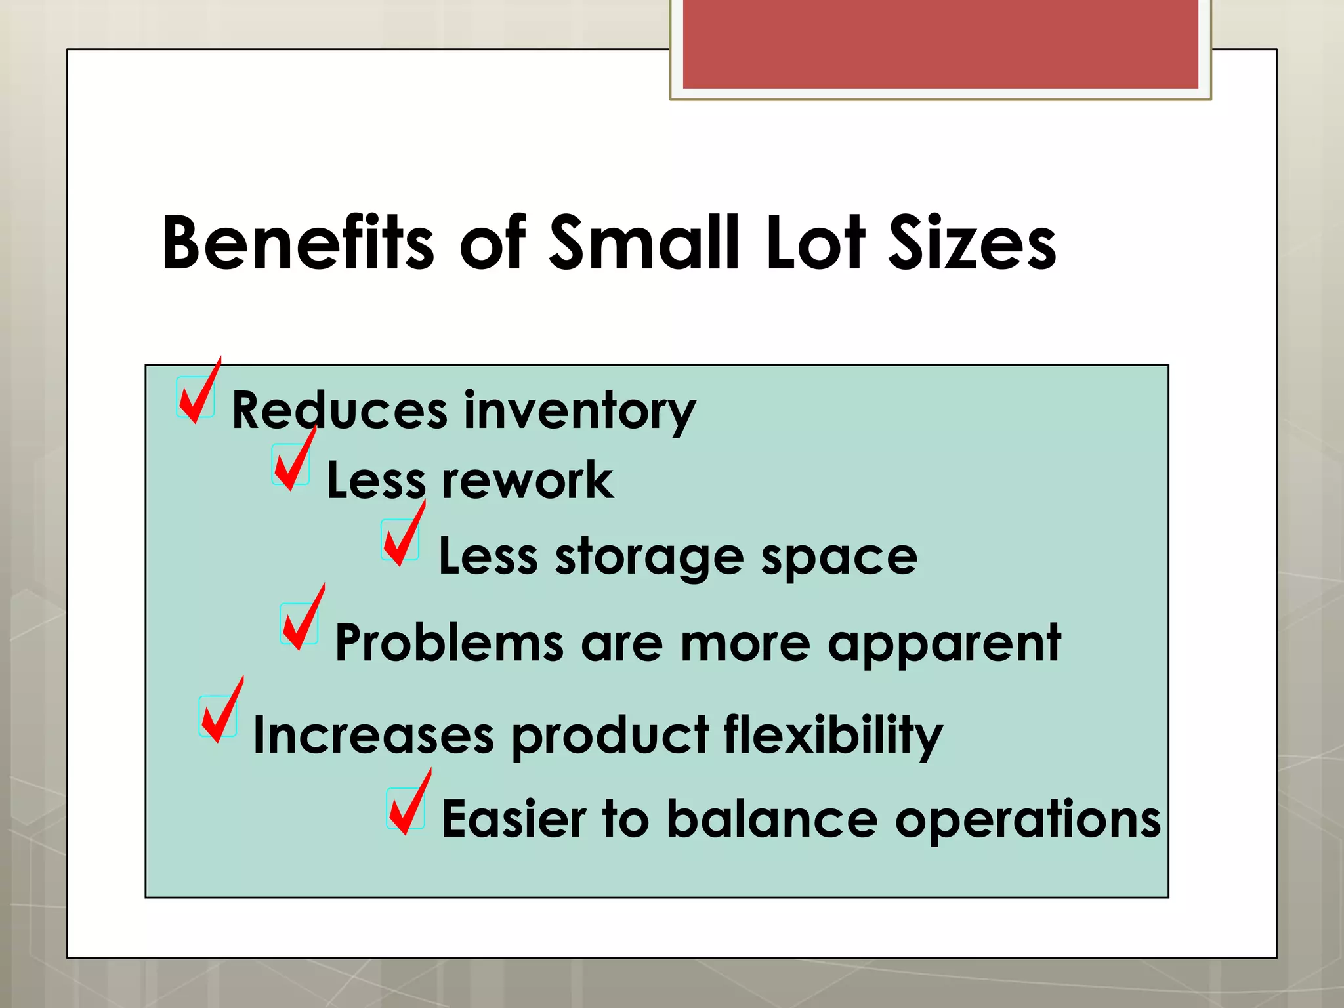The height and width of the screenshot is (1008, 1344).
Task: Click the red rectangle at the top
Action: click(x=940, y=44)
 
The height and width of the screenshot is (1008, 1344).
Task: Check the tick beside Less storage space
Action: click(x=402, y=538)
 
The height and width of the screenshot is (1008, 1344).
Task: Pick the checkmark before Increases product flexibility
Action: click(x=220, y=714)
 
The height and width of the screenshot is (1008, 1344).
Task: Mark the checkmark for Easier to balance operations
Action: click(x=408, y=807)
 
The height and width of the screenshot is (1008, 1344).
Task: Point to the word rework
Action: click(x=528, y=481)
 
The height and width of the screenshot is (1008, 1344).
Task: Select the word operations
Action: click(x=1028, y=820)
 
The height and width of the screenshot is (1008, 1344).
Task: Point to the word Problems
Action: click(x=450, y=643)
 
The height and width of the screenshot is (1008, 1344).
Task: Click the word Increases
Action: click(x=373, y=735)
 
